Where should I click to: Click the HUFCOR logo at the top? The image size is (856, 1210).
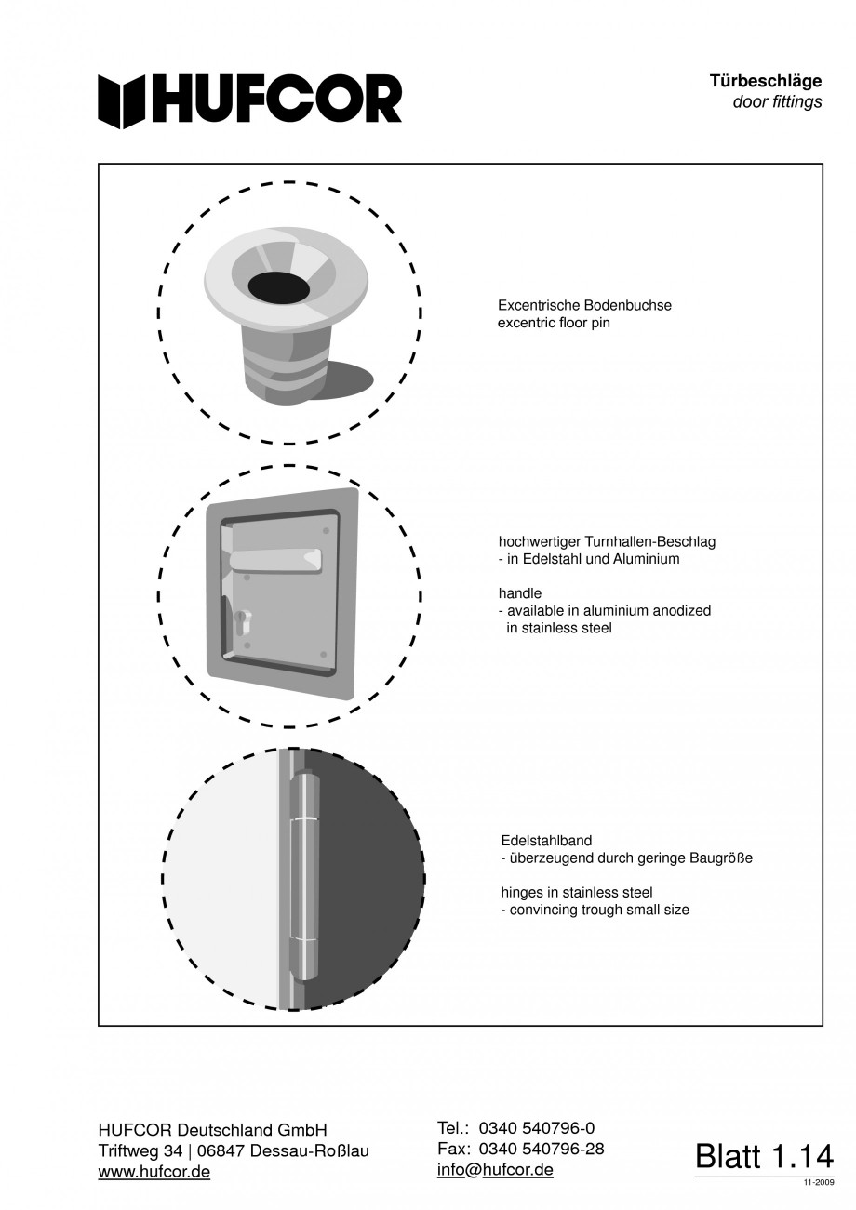[249, 100]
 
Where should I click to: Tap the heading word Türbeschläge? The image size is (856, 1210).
[765, 82]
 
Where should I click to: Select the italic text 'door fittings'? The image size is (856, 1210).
[777, 102]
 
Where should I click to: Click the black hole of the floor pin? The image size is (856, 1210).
[279, 288]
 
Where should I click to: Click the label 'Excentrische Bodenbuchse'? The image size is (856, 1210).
[584, 305]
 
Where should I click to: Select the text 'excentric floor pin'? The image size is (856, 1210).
[554, 323]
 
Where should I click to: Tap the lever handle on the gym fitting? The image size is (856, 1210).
[275, 559]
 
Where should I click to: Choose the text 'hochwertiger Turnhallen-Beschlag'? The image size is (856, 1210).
[607, 541]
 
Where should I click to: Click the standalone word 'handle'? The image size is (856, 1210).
[520, 593]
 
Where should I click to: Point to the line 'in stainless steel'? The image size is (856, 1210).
[558, 628]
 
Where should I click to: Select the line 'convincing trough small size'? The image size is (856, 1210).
[598, 910]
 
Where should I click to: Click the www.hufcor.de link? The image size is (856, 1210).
[154, 1172]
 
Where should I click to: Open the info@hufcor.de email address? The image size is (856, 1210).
[495, 1170]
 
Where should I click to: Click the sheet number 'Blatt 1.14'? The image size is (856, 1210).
[764, 1156]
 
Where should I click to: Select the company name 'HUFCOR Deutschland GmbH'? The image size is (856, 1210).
[213, 1130]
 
